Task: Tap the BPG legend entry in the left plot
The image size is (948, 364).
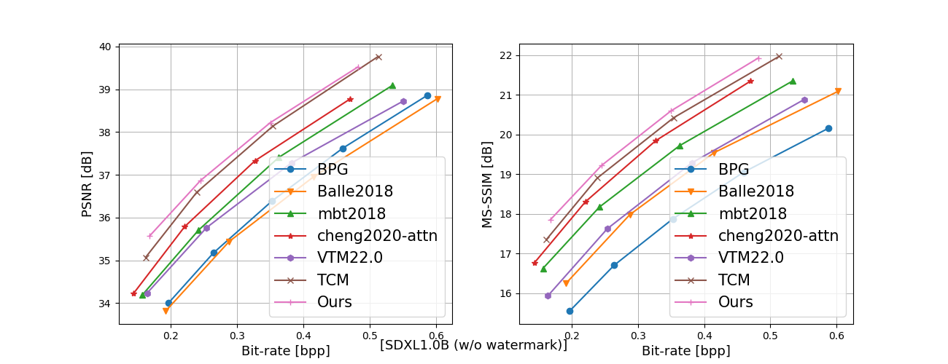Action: [333, 170]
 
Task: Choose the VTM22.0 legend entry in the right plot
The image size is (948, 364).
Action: [751, 258]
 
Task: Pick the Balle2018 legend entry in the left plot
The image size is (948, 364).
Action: [355, 191]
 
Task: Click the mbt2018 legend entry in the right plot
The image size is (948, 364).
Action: [753, 214]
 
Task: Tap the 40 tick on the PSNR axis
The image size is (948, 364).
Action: [105, 47]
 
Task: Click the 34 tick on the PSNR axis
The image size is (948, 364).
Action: [105, 304]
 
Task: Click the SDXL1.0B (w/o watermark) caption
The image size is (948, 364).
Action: [473, 345]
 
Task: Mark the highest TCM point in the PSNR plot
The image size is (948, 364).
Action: [378, 57]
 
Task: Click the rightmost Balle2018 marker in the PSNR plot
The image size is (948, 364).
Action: [438, 99]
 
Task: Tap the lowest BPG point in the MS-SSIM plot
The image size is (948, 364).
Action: [570, 311]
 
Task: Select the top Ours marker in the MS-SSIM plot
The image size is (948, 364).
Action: [758, 58]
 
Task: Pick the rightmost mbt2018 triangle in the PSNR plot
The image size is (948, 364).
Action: [392, 85]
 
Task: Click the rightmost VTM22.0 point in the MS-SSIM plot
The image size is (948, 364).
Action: [804, 100]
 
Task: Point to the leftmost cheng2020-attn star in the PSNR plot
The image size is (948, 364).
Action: [133, 293]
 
